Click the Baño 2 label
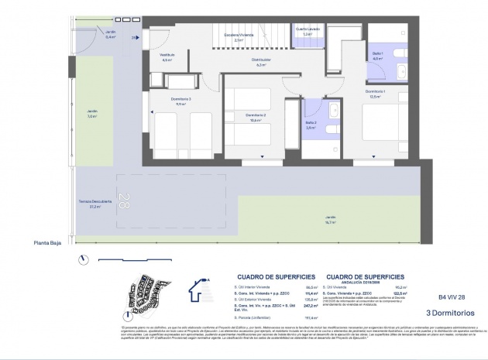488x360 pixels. click(311, 124)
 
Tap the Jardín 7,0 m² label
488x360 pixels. click(91, 114)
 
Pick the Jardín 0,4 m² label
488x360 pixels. click(89, 34)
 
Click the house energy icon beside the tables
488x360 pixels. click(201, 293)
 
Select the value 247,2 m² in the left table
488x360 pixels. click(312, 305)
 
